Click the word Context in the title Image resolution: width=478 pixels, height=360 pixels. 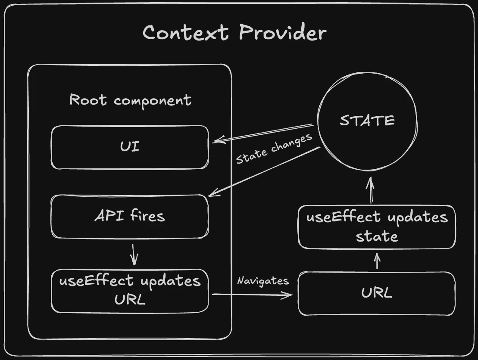click(185, 33)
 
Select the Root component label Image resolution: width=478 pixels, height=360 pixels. click(130, 100)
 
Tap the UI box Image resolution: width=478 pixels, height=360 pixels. click(130, 147)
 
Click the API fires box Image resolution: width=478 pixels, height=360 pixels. click(130, 216)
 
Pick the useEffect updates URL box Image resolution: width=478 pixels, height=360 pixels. click(130, 291)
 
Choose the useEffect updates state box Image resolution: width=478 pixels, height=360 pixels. click(377, 227)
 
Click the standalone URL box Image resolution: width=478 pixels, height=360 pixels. click(377, 293)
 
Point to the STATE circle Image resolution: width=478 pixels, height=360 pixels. click(367, 120)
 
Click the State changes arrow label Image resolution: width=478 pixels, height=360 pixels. click(274, 149)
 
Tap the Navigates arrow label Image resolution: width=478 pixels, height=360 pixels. click(263, 281)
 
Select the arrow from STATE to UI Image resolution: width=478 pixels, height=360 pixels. click(263, 133)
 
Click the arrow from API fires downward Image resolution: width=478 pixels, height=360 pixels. click(134, 254)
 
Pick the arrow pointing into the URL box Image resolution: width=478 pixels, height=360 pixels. click(253, 295)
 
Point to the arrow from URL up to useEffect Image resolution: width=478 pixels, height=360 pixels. click(378, 261)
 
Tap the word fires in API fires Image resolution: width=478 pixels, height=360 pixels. click(147, 216)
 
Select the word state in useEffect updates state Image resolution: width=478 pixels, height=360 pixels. click(377, 236)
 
